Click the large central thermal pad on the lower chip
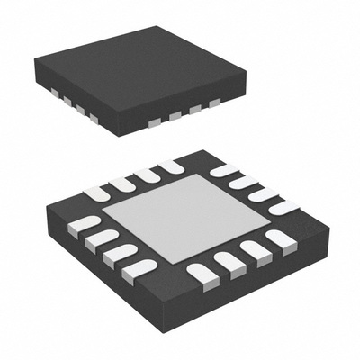tap(180, 219)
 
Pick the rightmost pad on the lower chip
tap(283, 207)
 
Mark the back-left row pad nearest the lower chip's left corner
tap(97, 193)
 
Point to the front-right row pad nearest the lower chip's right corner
tap(279, 240)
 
